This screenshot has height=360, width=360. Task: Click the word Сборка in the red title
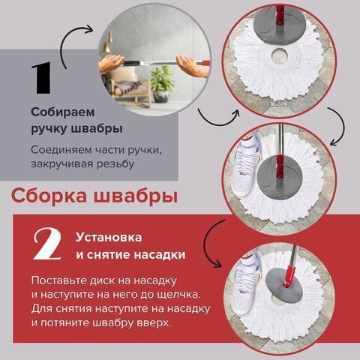46,197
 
